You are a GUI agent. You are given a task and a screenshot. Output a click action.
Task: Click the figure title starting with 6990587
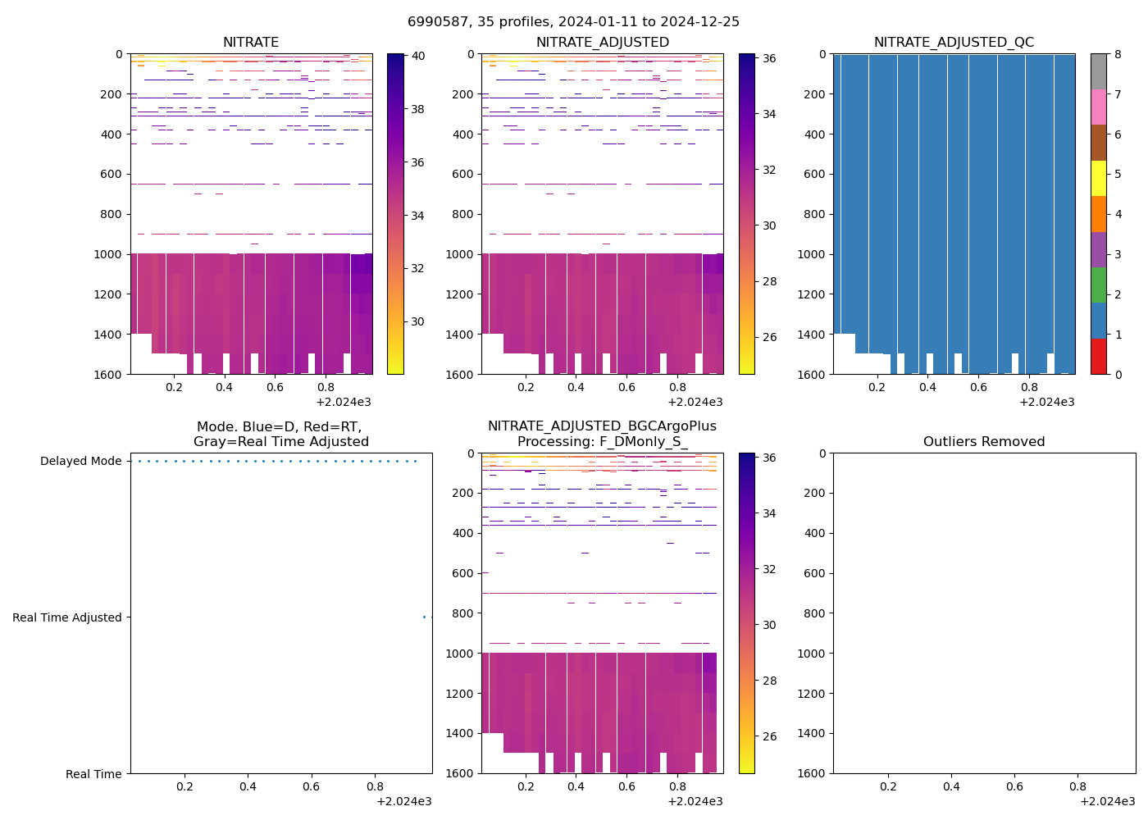pos(573,22)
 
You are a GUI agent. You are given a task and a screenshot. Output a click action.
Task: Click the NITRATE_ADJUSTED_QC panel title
pos(954,43)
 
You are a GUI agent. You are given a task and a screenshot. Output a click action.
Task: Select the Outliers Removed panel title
pos(984,442)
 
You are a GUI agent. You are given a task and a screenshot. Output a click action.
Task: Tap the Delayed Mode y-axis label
pos(80,462)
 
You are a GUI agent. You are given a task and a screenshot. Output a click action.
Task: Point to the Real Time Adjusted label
pos(66,618)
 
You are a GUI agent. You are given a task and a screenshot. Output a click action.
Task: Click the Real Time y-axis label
pos(93,774)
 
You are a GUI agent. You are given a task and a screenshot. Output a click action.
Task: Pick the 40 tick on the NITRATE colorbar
pos(417,57)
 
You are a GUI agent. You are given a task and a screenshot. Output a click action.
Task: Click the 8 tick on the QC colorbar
pos(1117,55)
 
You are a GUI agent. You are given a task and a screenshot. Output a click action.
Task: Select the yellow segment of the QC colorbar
pos(1099,179)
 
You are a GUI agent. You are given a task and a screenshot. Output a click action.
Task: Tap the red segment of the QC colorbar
pos(1099,357)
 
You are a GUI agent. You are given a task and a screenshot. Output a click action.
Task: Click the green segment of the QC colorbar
pos(1099,285)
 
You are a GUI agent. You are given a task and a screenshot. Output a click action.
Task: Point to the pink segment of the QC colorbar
pos(1099,107)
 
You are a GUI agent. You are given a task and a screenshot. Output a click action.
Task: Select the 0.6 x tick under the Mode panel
pos(311,787)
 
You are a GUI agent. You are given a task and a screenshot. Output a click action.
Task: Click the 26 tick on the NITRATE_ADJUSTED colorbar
pos(769,338)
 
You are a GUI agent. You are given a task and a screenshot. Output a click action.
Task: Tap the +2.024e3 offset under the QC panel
pos(1046,403)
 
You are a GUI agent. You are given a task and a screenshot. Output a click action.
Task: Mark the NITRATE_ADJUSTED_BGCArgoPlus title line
pos(602,426)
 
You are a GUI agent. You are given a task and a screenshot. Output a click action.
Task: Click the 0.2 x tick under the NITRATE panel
pos(174,388)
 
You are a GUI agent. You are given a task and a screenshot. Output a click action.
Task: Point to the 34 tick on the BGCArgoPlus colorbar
pos(769,514)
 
